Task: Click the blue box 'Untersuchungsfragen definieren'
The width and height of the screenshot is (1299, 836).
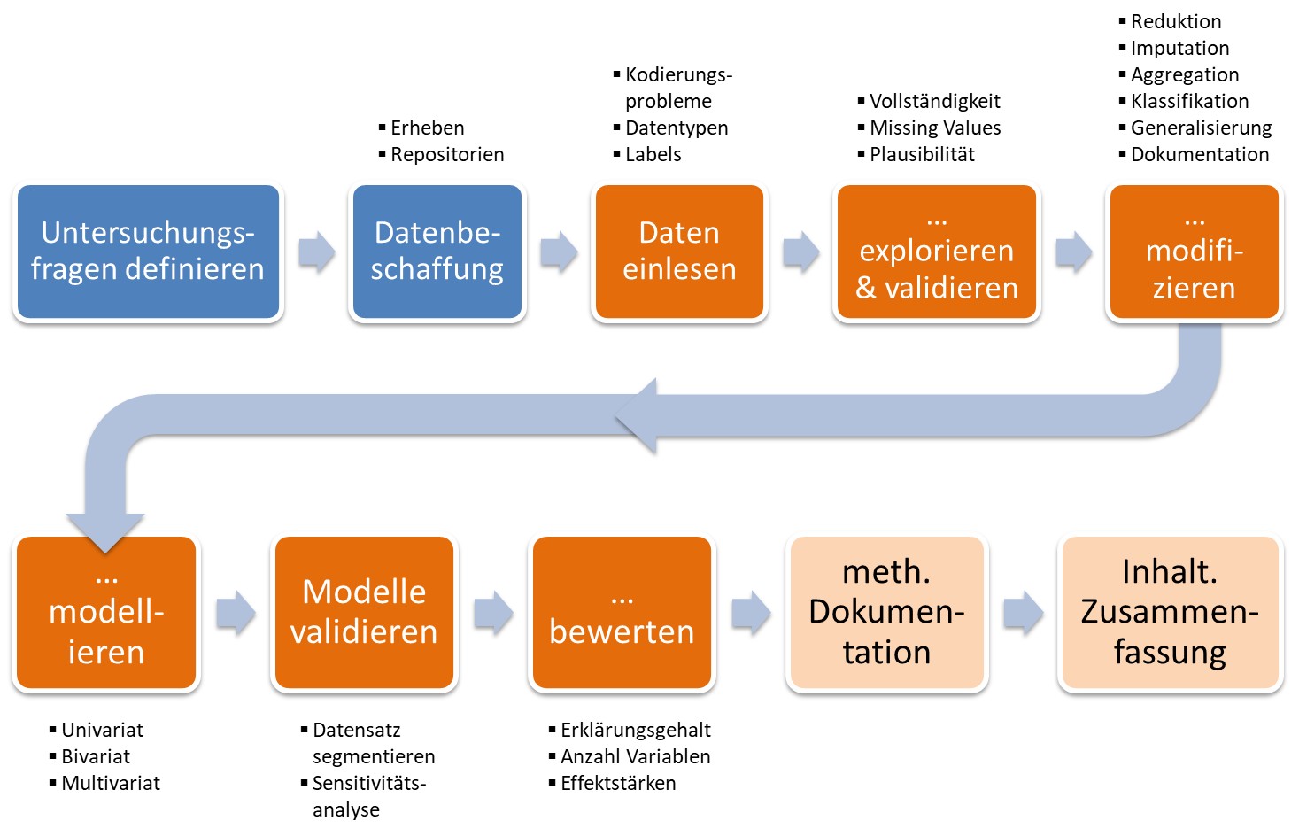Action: click(148, 252)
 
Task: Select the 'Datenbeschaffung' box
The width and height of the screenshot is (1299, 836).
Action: click(437, 252)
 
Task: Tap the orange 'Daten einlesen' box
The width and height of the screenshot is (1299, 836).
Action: click(679, 252)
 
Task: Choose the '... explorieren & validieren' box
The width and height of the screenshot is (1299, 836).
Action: click(937, 252)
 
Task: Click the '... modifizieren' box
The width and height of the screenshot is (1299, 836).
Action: click(1194, 252)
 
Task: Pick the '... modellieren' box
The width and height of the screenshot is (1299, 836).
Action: click(106, 613)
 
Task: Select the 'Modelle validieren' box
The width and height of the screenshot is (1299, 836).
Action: click(364, 613)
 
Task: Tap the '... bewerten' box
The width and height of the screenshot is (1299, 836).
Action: click(622, 613)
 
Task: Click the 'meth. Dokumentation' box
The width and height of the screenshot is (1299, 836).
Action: click(886, 613)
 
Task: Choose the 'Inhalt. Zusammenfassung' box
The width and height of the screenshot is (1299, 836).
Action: click(1170, 613)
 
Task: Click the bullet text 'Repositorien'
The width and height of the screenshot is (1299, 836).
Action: click(447, 155)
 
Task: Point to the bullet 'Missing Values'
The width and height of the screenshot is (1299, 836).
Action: click(935, 128)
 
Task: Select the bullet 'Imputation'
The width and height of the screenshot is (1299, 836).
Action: click(1179, 49)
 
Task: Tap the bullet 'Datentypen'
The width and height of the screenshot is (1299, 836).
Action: click(677, 128)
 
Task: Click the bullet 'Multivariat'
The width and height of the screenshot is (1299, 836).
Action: click(111, 784)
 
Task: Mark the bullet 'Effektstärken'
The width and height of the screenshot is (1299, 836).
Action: click(618, 784)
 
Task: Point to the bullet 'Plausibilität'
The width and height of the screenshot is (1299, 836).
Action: click(922, 155)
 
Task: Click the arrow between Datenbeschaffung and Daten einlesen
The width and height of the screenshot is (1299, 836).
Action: click(559, 252)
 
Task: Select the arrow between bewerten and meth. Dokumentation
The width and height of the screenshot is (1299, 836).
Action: click(751, 613)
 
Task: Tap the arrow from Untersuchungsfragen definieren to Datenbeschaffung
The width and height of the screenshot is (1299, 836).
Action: click(316, 252)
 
